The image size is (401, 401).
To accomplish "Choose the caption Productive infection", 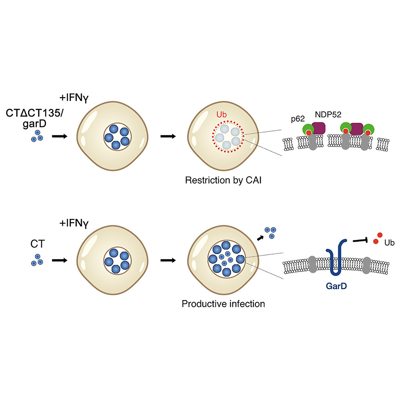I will click(223, 303).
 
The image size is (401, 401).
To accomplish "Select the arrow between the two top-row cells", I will click(168, 136).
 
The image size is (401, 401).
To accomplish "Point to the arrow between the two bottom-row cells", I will click(168, 260).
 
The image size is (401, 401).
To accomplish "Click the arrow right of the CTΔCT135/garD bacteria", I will click(60, 136).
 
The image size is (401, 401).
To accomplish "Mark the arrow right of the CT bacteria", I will click(60, 260).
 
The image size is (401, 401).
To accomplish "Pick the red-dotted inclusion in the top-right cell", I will click(228, 136).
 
